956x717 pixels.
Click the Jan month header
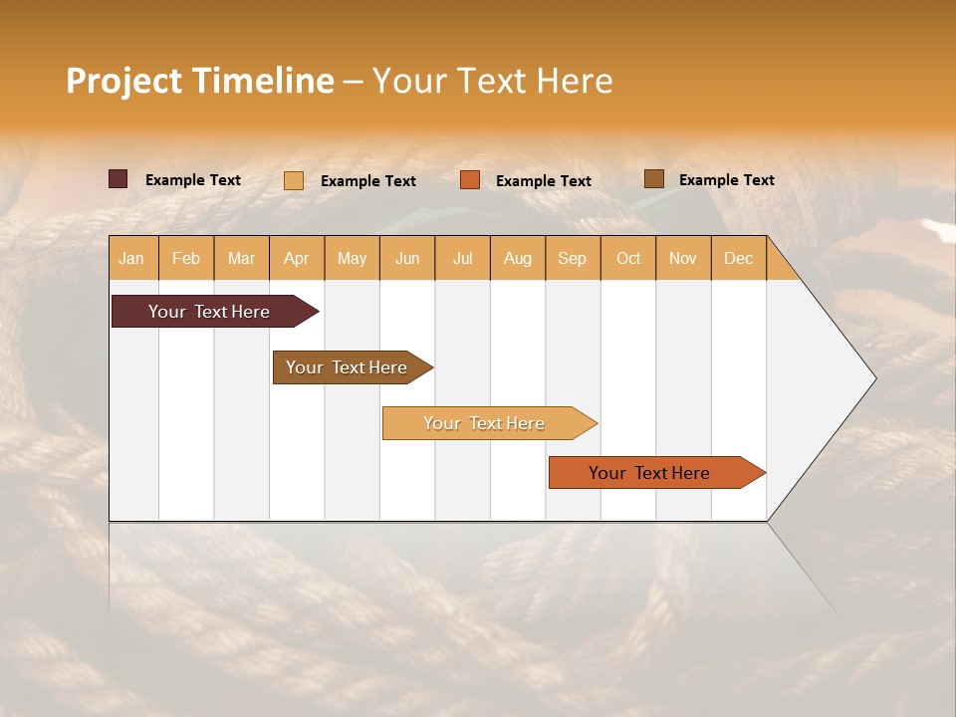tap(132, 258)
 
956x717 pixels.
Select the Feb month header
tap(186, 258)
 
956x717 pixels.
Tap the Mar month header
tap(241, 258)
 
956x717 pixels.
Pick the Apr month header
tap(297, 258)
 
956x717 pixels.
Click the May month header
tap(352, 258)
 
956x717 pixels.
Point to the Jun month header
tap(407, 258)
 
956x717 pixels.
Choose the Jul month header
tap(462, 258)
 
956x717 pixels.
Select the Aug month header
tap(518, 258)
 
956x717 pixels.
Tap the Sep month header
tap(573, 258)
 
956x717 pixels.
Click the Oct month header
tap(628, 258)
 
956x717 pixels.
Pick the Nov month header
tap(683, 258)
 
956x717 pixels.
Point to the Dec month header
tap(738, 258)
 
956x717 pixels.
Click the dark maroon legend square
tap(119, 179)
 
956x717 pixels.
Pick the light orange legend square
tap(294, 180)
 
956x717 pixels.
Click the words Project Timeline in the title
tap(200, 81)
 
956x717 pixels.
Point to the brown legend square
tap(653, 179)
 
